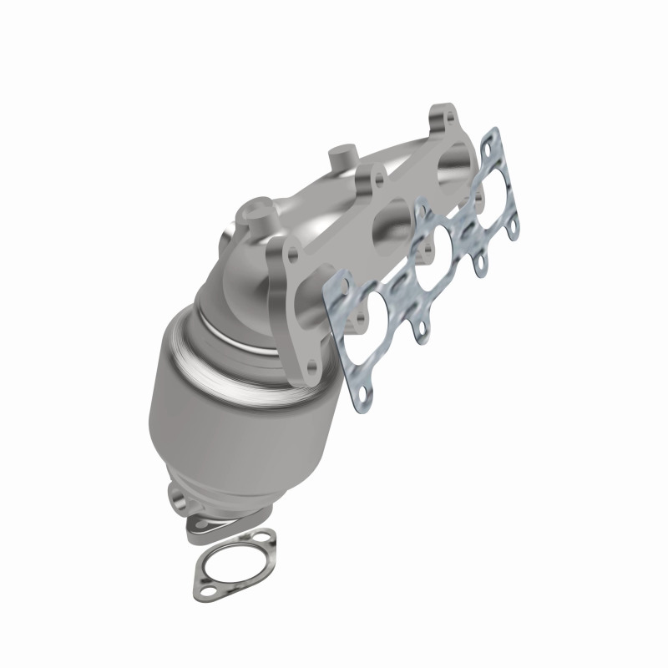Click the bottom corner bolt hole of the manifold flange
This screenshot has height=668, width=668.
coord(310,364)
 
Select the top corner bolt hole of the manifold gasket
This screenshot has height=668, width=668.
coord(493,136)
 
